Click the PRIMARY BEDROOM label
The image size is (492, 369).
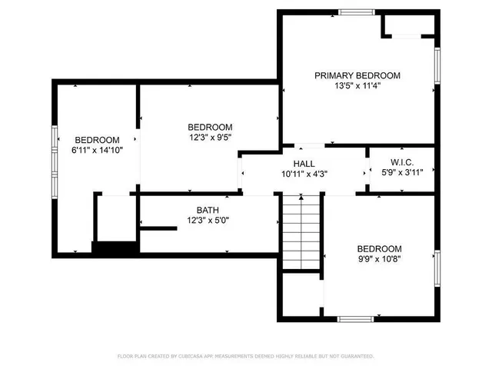357,75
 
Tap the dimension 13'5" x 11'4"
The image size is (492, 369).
357,86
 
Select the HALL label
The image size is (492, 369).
304,164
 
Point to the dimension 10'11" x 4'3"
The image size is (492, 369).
304,174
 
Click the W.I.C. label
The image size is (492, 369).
402,162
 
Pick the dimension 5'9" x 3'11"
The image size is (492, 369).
402,172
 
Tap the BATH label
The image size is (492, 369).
208,209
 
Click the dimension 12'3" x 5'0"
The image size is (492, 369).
208,220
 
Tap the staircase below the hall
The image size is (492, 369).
301,231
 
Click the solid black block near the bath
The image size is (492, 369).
115,248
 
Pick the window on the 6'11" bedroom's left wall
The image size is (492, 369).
54,144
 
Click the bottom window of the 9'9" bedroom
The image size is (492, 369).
356,318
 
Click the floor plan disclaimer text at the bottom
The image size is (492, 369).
245,356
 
